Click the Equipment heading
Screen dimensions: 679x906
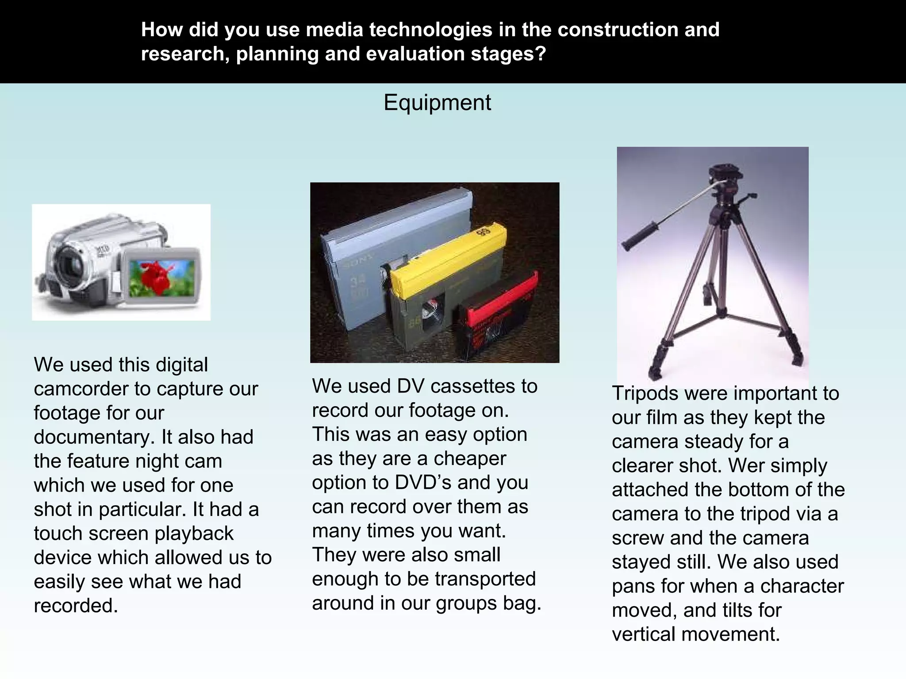pos(437,103)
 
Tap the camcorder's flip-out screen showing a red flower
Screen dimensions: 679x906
pos(162,278)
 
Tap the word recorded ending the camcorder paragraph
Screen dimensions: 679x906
pos(76,606)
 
